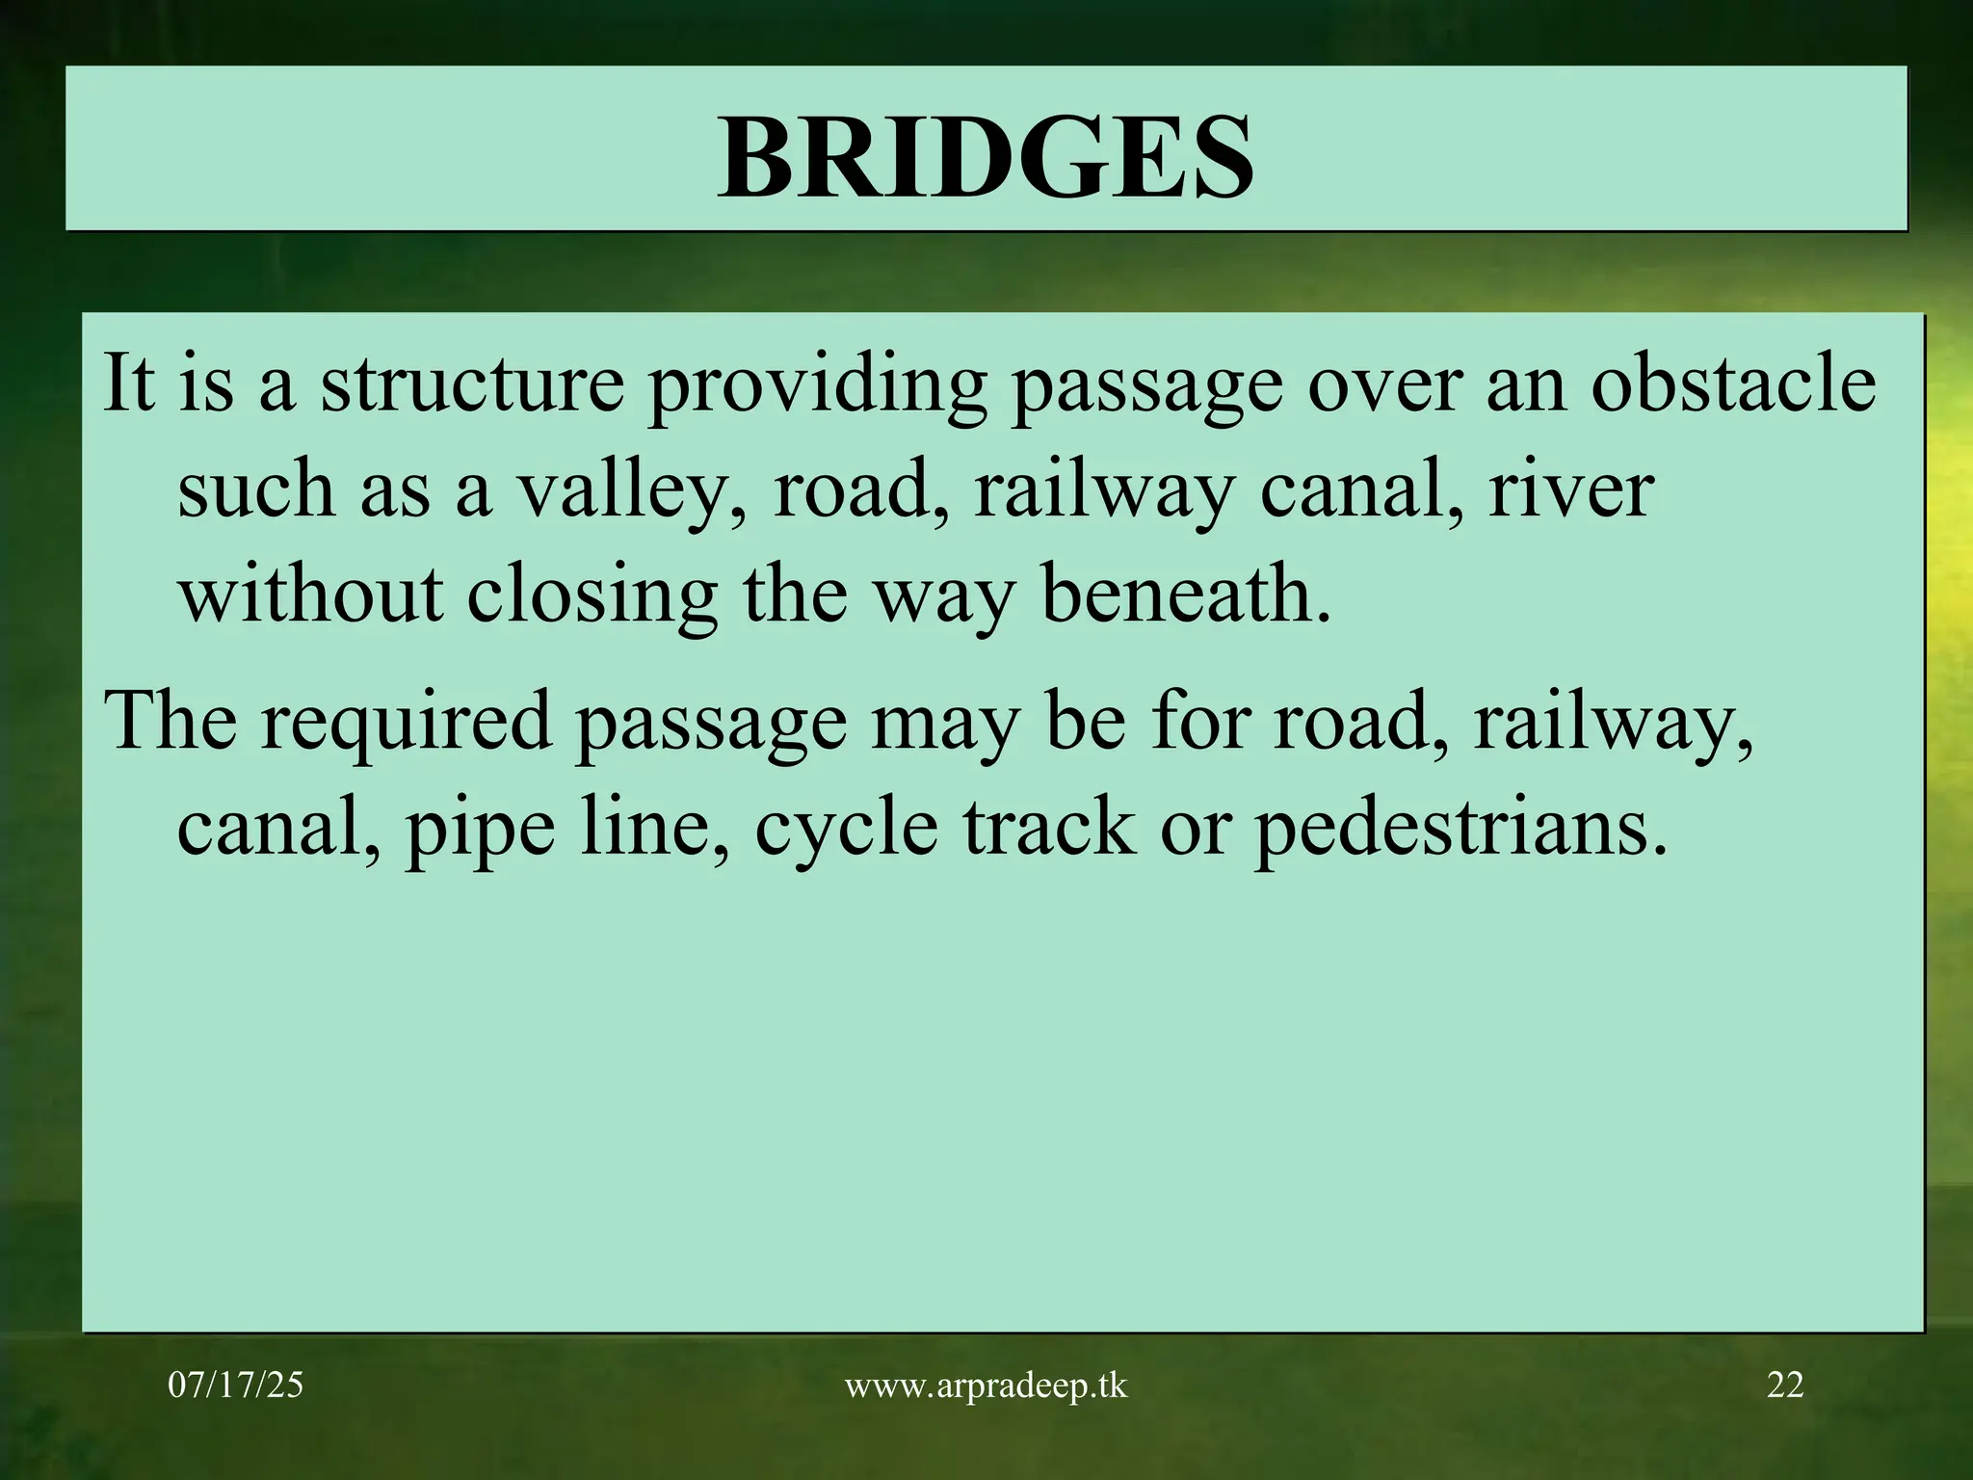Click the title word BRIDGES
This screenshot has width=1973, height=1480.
(986, 156)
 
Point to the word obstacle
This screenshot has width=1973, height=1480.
(1732, 383)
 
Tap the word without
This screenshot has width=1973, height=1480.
(311, 594)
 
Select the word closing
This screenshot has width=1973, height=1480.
(592, 595)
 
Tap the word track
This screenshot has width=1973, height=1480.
(1049, 827)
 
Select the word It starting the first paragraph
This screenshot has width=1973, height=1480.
(129, 383)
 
